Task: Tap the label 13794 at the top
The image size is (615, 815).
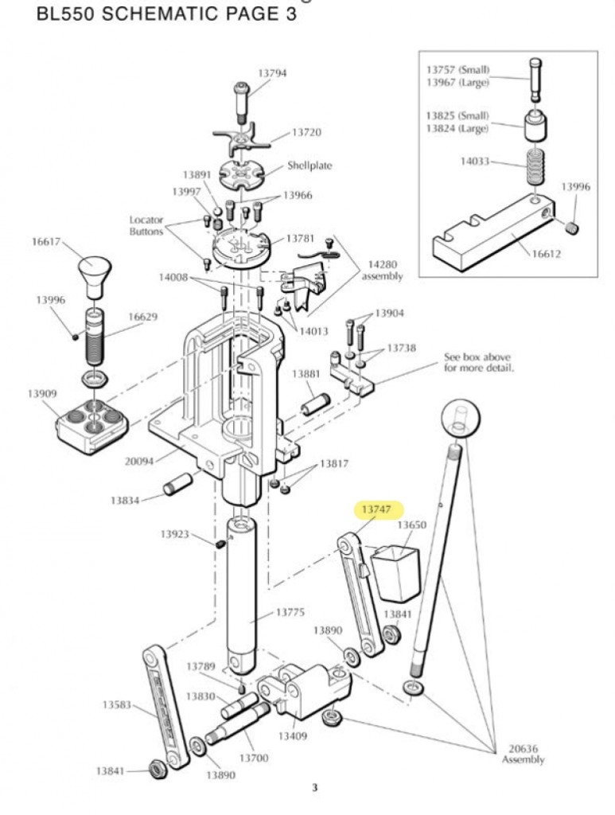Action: (271, 73)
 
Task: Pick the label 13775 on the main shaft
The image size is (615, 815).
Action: (290, 612)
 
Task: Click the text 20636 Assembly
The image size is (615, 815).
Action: (523, 754)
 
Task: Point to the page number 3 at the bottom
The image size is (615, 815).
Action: (314, 788)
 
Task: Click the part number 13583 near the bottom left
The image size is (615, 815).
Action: (117, 704)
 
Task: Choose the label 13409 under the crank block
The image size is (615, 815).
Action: (293, 736)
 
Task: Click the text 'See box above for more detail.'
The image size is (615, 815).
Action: (477, 363)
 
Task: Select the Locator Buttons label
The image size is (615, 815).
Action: (146, 224)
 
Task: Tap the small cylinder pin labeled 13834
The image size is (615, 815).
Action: (175, 484)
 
